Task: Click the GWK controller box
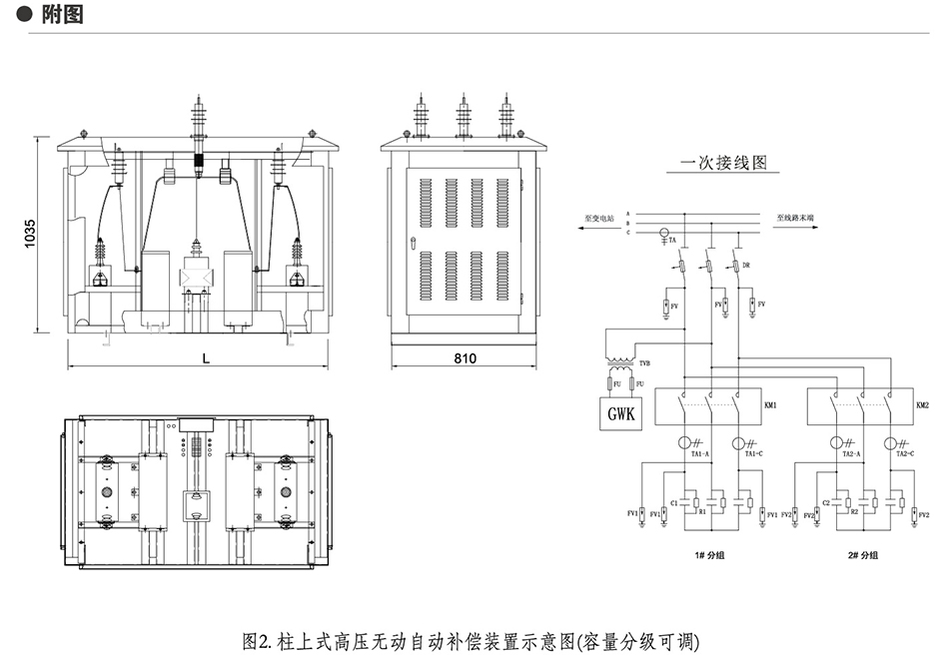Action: (619, 411)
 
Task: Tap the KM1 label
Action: (770, 406)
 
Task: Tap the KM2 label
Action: (922, 406)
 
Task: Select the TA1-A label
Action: (699, 454)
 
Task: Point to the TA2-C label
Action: (905, 454)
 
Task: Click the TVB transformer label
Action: (646, 364)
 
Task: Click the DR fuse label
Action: (746, 266)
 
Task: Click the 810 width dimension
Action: (465, 357)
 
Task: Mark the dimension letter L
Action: (206, 357)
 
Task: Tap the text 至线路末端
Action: (795, 216)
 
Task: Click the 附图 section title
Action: (62, 14)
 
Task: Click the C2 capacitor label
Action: (826, 502)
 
